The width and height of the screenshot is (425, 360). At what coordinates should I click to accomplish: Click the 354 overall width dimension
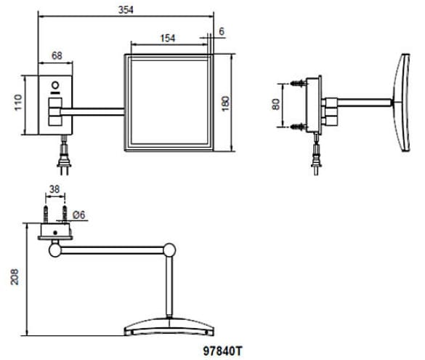126,10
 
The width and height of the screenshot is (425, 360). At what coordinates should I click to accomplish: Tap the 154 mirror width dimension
168,39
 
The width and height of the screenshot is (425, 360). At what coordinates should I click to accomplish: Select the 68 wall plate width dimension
57,55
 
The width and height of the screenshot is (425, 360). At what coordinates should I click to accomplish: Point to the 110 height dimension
18,103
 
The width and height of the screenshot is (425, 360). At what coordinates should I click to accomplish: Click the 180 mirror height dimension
225,103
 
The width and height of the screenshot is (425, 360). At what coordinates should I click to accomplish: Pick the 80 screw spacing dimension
275,105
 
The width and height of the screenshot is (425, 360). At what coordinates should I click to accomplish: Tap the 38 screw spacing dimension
54,189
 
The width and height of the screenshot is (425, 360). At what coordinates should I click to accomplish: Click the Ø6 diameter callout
79,215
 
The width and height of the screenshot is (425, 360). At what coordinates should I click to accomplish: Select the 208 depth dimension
15,276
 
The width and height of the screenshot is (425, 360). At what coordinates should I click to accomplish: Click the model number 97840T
222,351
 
